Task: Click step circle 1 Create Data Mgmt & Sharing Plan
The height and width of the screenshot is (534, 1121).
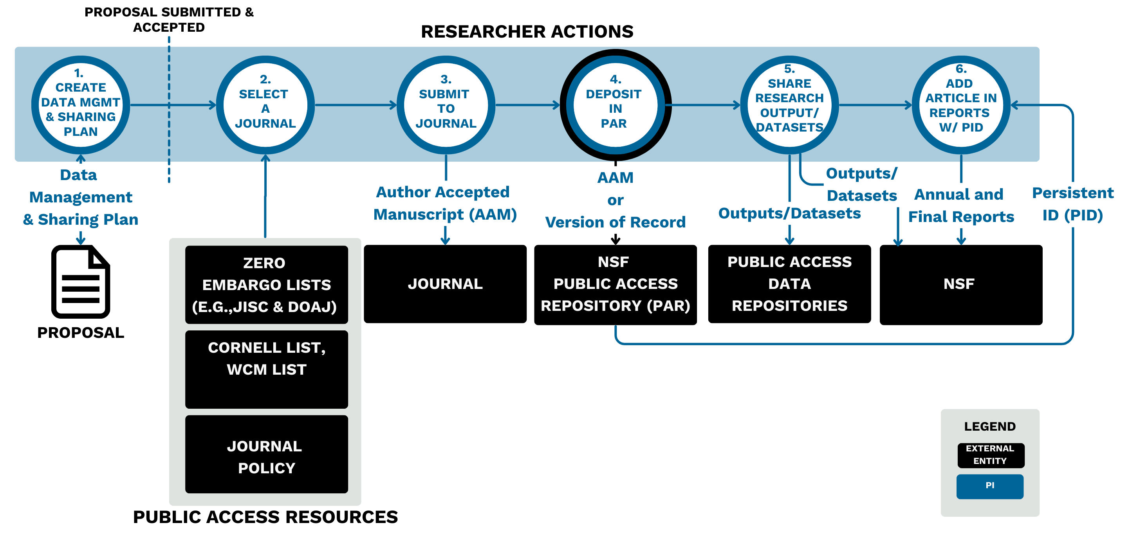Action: coord(81,105)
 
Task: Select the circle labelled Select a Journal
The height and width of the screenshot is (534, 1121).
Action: coord(265,105)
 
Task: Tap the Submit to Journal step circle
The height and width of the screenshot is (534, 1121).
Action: coord(446,105)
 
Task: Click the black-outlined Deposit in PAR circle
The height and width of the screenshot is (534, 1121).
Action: coord(615,105)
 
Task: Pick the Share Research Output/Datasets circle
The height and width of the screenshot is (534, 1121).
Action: coord(789,105)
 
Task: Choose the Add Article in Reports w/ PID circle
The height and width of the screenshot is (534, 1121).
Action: coord(961,105)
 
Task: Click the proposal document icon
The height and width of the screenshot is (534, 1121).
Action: coord(81,282)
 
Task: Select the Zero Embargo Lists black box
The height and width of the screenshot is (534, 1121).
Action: coord(266,285)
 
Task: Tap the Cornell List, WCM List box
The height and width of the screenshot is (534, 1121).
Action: coord(266,369)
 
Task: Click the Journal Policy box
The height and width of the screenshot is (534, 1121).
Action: coord(266,454)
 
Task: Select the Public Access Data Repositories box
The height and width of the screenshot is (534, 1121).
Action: coord(789,284)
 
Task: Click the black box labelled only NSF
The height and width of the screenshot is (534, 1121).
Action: coord(961,285)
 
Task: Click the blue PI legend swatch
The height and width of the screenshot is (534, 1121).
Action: coord(989,486)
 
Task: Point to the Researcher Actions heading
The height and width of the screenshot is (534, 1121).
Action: coord(527,32)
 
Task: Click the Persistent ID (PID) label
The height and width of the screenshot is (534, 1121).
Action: coord(1072,204)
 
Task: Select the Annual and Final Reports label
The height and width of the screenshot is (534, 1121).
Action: coord(960,206)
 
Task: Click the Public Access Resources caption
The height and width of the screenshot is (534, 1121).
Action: coord(265,517)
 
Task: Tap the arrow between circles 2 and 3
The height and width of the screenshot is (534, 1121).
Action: coord(355,105)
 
